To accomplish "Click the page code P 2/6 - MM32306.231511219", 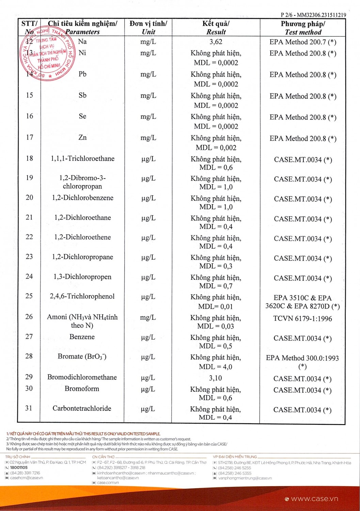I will tap(313, 15).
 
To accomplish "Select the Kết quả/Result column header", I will tap(216, 28).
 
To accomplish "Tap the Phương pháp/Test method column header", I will tap(303, 28).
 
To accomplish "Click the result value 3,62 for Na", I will tap(216, 42).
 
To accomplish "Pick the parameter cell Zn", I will tap(82, 138).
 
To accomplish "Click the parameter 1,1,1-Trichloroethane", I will tap(82, 159).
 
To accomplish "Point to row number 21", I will tap(29, 217).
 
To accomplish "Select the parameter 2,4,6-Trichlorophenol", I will tap(82, 296).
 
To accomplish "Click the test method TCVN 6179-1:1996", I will tap(302, 319).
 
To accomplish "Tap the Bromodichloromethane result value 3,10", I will tap(215, 378).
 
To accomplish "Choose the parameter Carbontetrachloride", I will tap(82, 408).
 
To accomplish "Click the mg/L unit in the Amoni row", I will tap(148, 318).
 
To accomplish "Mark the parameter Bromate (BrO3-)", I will tap(82, 357).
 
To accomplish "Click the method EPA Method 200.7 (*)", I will tap(303, 42).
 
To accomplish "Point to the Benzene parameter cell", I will tap(82, 337).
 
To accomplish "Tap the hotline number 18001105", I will tap(19, 468).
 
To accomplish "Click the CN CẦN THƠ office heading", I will tap(104, 457).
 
